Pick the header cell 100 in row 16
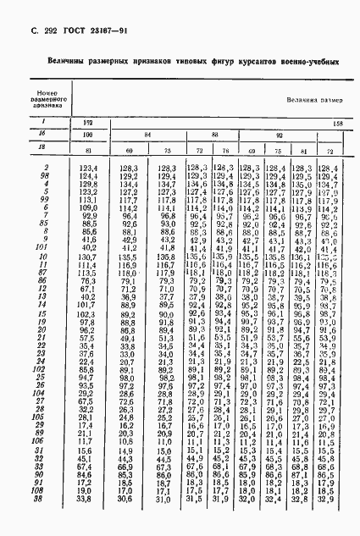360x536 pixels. (x=86, y=135)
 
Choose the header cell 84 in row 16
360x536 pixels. (x=148, y=135)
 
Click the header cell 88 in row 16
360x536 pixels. (x=214, y=135)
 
